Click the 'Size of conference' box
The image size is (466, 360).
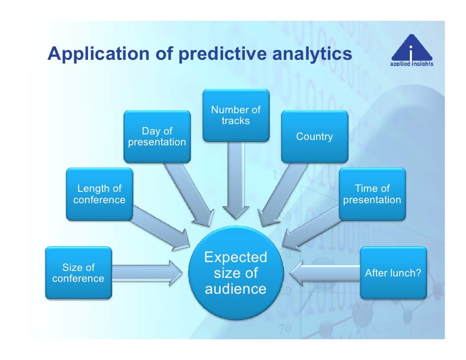tap(78, 273)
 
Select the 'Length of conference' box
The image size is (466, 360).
tap(99, 194)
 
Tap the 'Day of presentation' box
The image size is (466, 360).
tap(157, 136)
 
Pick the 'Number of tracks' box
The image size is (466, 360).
tap(236, 115)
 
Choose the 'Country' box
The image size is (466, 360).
tap(314, 136)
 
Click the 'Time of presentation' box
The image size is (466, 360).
tap(372, 194)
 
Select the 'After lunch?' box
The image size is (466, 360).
tap(393, 273)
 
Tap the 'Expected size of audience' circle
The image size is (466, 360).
tap(235, 273)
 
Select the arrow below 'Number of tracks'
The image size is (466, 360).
tap(235, 180)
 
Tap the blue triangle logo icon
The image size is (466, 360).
tap(409, 49)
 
